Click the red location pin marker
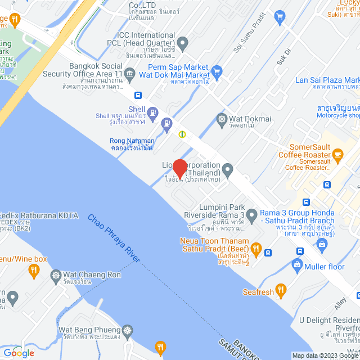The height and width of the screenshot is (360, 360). coord(179,168)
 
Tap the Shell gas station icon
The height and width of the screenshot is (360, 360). coord(166,123)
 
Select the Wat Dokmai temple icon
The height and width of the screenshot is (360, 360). coord(222,119)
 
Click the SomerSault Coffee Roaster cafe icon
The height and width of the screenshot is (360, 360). coord(337,154)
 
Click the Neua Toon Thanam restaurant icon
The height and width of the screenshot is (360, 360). coord(256,248)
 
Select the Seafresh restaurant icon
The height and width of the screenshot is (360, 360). coord(281,291)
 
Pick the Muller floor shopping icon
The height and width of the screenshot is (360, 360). coord(297,264)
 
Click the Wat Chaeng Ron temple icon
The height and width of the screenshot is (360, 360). coord(56,275)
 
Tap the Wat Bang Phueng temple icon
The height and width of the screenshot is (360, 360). coord(128,330)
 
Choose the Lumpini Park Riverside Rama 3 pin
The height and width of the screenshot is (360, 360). coord(251,214)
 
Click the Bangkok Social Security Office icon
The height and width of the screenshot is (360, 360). coord(130,73)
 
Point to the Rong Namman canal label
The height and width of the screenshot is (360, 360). coord(132,144)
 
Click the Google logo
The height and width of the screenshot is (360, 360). coord(19,353)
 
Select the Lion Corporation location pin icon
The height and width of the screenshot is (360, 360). coord(228,168)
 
